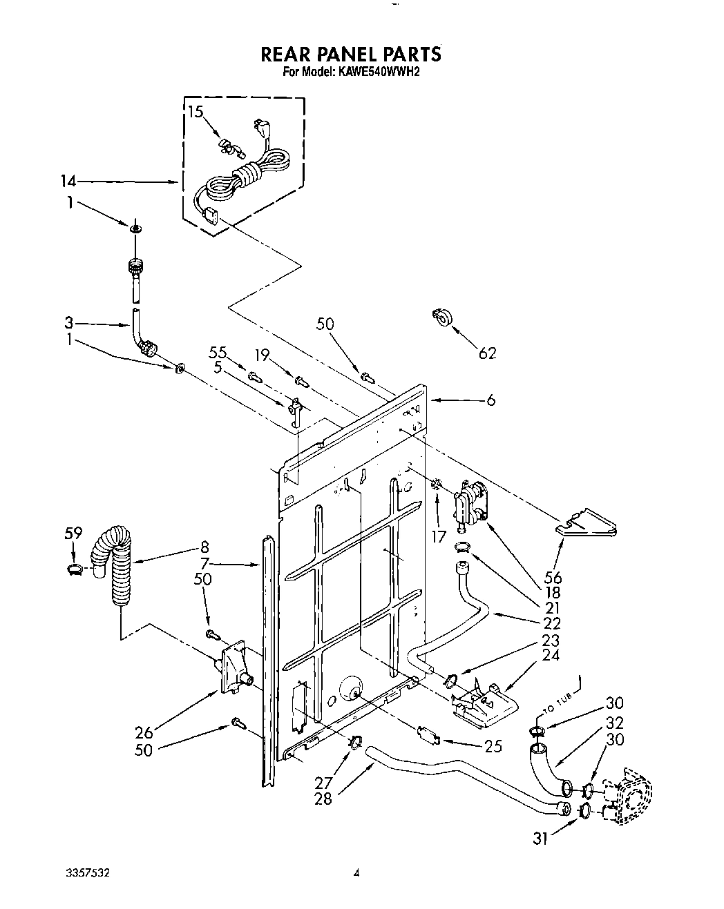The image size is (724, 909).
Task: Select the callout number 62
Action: (x=487, y=353)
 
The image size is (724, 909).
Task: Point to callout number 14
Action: (x=67, y=182)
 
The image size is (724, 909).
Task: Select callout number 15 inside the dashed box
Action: (x=196, y=111)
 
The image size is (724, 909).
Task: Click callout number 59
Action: (x=73, y=533)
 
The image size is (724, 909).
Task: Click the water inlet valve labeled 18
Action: (x=470, y=505)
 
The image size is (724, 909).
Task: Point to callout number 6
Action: (x=490, y=400)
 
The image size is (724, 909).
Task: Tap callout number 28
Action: (x=323, y=799)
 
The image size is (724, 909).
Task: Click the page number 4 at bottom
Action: (x=356, y=872)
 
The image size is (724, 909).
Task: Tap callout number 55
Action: (x=218, y=353)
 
